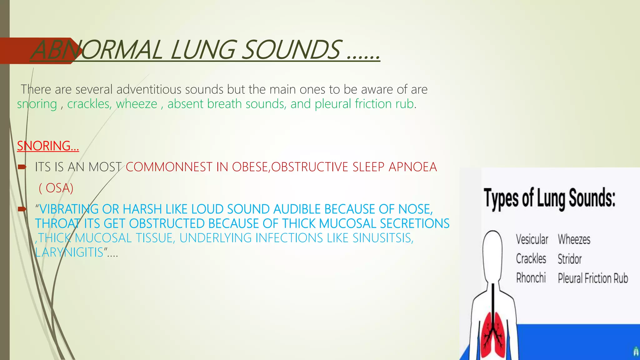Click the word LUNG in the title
click(x=203, y=50)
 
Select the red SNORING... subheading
click(x=48, y=146)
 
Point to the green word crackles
click(x=89, y=104)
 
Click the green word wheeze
click(x=137, y=104)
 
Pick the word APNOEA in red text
click(x=412, y=167)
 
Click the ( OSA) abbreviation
click(x=56, y=188)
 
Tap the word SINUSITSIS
click(x=383, y=238)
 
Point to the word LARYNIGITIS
click(x=69, y=252)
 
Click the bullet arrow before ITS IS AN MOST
click(x=22, y=167)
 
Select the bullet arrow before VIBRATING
click(x=22, y=209)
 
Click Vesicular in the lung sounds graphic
click(x=532, y=240)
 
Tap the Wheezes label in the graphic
click(x=574, y=240)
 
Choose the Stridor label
click(x=570, y=259)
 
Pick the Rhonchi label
click(x=531, y=278)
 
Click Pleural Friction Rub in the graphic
click(x=593, y=278)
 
